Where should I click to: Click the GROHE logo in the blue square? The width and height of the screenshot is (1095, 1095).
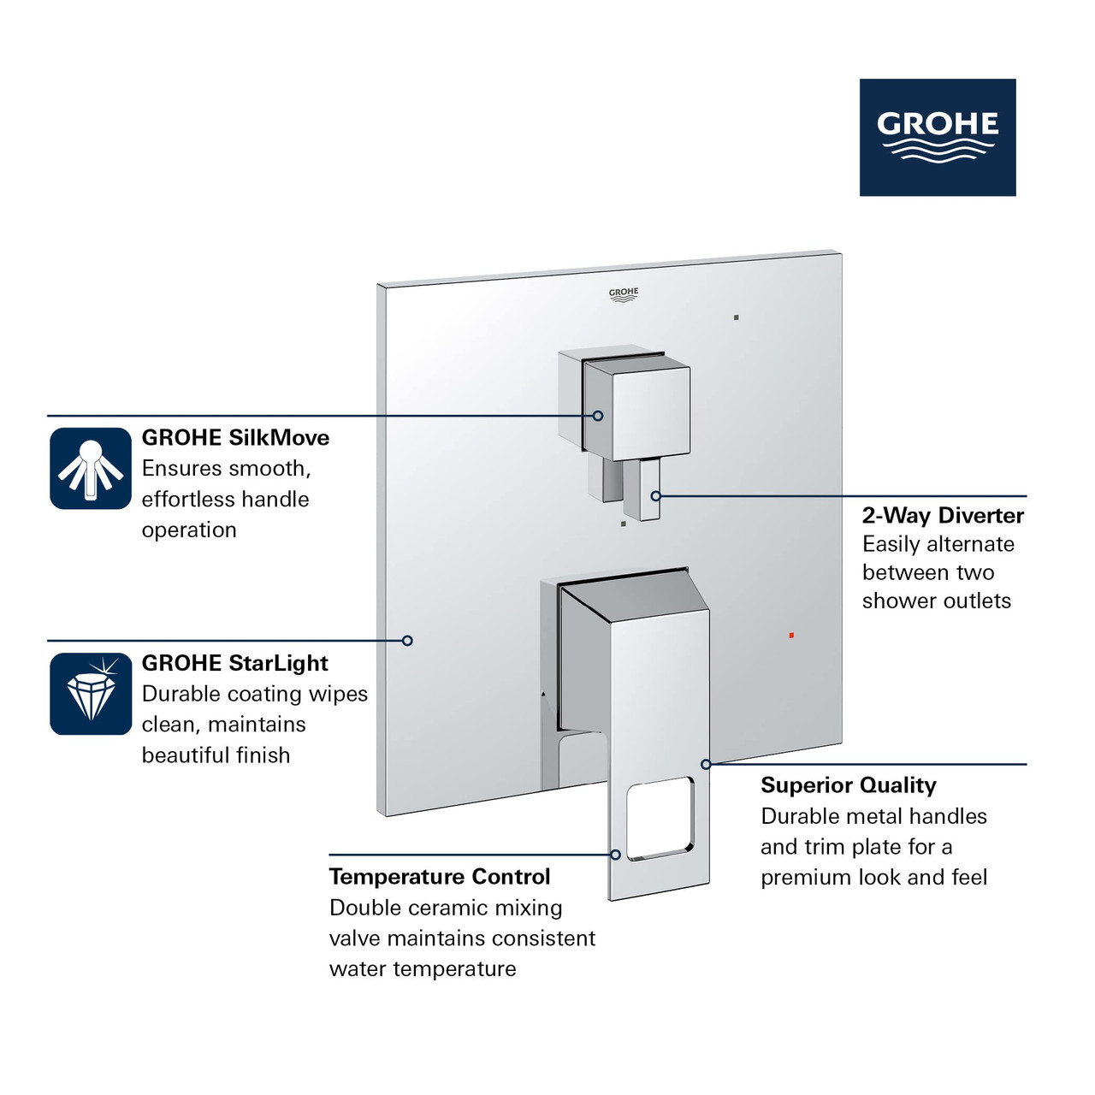(938, 137)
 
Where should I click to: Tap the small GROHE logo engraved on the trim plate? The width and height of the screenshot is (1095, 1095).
(624, 295)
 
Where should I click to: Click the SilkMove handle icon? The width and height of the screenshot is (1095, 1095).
(91, 469)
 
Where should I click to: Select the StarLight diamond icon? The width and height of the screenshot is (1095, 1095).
(91, 694)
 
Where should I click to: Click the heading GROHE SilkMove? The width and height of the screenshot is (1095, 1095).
(235, 438)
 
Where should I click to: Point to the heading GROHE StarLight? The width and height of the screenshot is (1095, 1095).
(234, 663)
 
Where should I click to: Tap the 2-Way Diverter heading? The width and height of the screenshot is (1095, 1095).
(943, 515)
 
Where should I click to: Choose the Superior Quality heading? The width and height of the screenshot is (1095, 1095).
(848, 785)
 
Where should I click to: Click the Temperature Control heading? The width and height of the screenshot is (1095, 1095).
(440, 877)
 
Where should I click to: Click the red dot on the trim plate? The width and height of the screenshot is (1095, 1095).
(791, 636)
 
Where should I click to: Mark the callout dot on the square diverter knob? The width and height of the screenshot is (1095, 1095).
(598, 416)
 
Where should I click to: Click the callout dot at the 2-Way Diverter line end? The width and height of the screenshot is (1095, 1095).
(656, 495)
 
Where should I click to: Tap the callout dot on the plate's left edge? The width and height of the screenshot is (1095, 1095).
(407, 640)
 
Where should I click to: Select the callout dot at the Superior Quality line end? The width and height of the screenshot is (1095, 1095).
(706, 764)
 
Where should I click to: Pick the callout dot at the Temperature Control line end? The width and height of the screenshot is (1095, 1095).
(615, 855)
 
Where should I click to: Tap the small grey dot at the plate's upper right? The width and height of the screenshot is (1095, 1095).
(736, 317)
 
